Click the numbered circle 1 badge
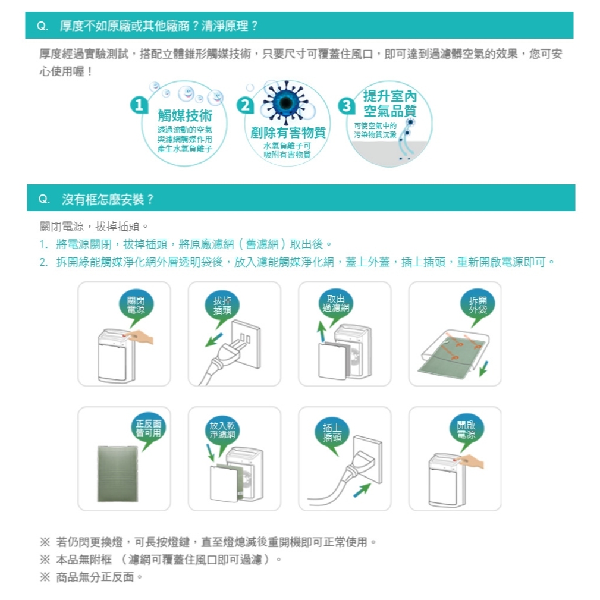pos(139,105)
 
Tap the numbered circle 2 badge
pos(245,105)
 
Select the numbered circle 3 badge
pos(346,106)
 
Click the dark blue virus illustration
pos(286,102)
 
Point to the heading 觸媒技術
pos(185,115)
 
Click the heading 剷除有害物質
pos(288,133)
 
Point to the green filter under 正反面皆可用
pos(118,474)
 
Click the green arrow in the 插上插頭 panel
pos(362,490)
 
